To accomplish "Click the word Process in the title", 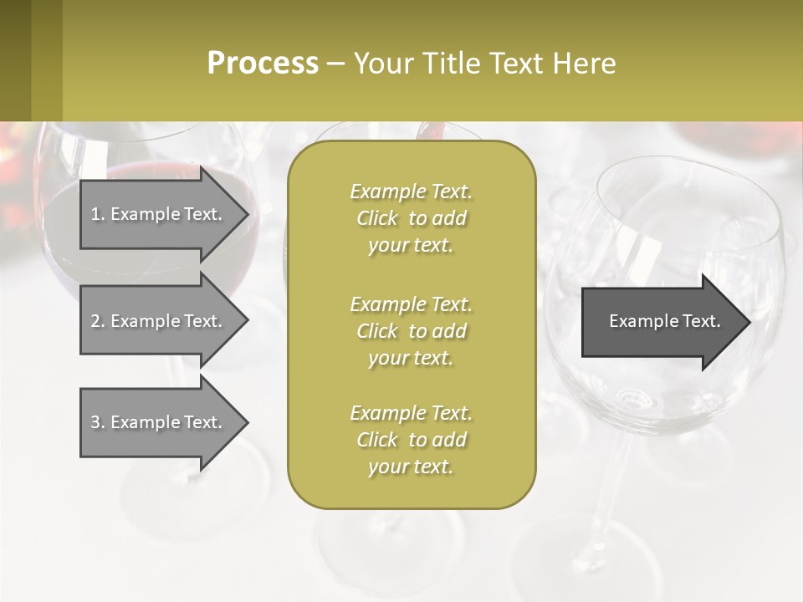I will [263, 64].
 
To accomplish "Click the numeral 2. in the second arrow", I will [98, 321].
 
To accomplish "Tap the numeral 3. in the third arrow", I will [98, 422].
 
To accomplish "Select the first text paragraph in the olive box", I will [411, 218].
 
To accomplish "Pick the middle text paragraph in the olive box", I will [411, 331].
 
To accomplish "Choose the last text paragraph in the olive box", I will [411, 440].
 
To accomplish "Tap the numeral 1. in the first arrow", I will [98, 214].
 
